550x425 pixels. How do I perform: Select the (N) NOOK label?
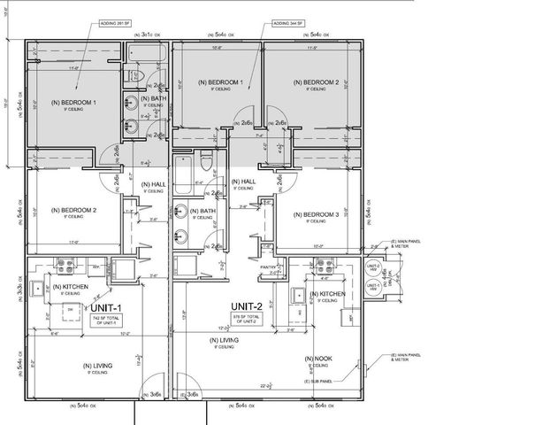pyautogui.click(x=317, y=359)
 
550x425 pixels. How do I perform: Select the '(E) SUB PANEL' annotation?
pyautogui.click(x=317, y=381)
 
